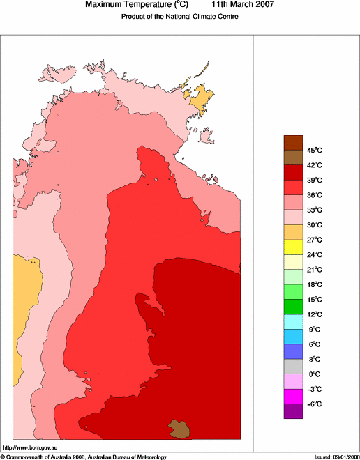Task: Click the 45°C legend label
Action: click(315, 150)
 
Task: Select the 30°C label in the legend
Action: click(315, 224)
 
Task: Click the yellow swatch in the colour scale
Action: click(293, 247)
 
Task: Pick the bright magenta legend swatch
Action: click(293, 397)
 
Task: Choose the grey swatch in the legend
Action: click(293, 367)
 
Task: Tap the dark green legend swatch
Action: click(293, 307)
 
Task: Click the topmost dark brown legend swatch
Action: click(293, 142)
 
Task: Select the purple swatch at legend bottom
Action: click(293, 411)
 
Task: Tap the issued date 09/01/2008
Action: click(341, 457)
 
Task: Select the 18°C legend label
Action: click(315, 284)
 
